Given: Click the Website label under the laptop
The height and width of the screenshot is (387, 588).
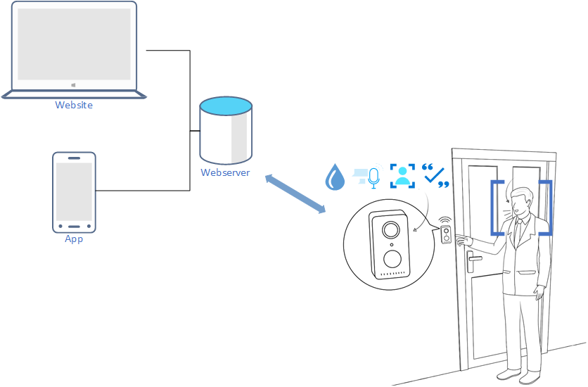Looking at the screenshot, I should tap(74, 106).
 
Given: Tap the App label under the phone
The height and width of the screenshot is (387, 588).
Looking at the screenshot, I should tap(74, 239).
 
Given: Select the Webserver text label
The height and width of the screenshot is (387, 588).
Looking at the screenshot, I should tap(225, 172).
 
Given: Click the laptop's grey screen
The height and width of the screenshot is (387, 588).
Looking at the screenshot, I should tap(74, 44).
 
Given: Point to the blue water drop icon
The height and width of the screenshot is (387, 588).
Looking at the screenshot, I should tap(335, 177).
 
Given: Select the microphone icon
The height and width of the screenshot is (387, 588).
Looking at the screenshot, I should tap(373, 177).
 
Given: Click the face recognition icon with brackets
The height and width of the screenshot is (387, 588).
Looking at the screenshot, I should tap(403, 175).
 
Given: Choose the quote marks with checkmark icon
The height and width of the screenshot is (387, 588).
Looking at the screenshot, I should tap(435, 176).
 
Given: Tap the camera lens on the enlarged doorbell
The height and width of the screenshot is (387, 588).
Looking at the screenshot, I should tap(390, 230).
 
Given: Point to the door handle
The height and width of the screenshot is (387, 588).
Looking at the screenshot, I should tap(475, 258).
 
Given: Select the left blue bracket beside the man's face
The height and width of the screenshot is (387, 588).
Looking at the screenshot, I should tap(495, 208).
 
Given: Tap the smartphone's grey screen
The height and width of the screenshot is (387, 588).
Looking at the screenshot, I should tap(74, 191).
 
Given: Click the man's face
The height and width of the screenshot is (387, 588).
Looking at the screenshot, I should tap(519, 203).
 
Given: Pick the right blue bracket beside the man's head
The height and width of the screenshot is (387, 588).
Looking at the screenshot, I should tap(547, 208).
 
